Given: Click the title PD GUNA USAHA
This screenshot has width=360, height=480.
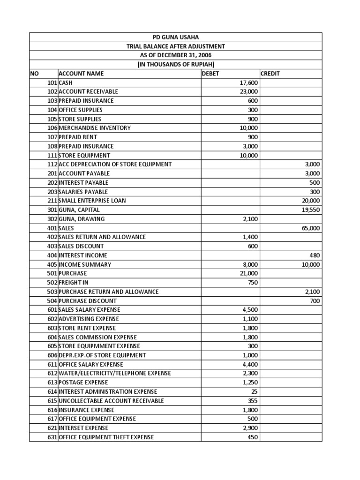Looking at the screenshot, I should pos(176,37).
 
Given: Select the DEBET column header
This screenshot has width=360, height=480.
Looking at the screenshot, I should pos(210,74).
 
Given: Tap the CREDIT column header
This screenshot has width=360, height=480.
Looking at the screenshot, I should pos(270,74).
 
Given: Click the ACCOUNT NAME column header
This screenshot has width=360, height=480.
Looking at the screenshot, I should pos(81,74).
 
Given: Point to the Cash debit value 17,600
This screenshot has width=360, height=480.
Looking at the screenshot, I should pos(248,82).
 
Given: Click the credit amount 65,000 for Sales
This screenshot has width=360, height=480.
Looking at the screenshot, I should pos(310,228).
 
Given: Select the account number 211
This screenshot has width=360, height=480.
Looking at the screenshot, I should pos(52,201).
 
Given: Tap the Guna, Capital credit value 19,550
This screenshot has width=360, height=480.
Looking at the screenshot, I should pos(311,210).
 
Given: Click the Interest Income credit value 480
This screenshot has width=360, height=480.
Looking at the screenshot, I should pos(315,255).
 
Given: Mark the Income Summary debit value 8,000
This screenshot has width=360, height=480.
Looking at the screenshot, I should pos(250,264).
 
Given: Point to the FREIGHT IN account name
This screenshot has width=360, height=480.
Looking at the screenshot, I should pos(74,283).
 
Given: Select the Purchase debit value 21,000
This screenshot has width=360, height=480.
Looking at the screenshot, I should pos(248,273).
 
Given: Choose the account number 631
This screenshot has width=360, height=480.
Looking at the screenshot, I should pos(52,437).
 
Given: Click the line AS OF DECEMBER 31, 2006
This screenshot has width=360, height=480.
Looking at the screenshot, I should pos(176,56).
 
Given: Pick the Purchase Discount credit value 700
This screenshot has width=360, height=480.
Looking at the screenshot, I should pos(315,301).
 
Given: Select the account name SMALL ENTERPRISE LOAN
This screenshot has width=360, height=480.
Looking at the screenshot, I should pos(92,201).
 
